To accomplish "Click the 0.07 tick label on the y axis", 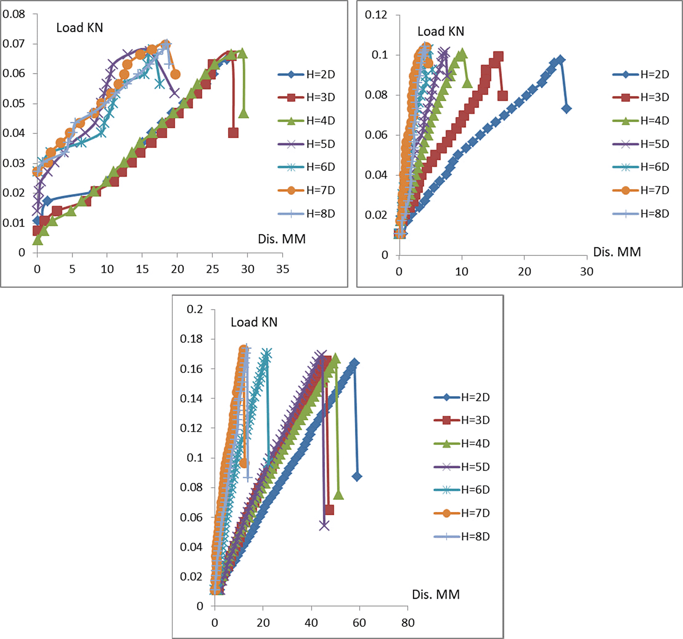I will [14, 43].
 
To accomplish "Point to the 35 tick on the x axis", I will [283, 269].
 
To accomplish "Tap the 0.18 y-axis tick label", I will [191, 339].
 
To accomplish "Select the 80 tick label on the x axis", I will [408, 623].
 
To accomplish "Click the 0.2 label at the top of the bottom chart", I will [194, 309].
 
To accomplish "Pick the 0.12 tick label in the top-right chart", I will [376, 15].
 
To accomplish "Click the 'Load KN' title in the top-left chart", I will [80, 28].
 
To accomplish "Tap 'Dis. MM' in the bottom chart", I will [436, 594].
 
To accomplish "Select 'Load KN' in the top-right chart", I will [441, 32].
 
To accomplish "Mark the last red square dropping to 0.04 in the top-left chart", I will [233, 133].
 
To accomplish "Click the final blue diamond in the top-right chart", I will [567, 109].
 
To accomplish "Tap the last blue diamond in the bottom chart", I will [357, 476].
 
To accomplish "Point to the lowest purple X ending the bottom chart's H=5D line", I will [324, 525].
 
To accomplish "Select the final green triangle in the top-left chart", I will [244, 113].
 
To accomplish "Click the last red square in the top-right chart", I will [503, 96].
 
